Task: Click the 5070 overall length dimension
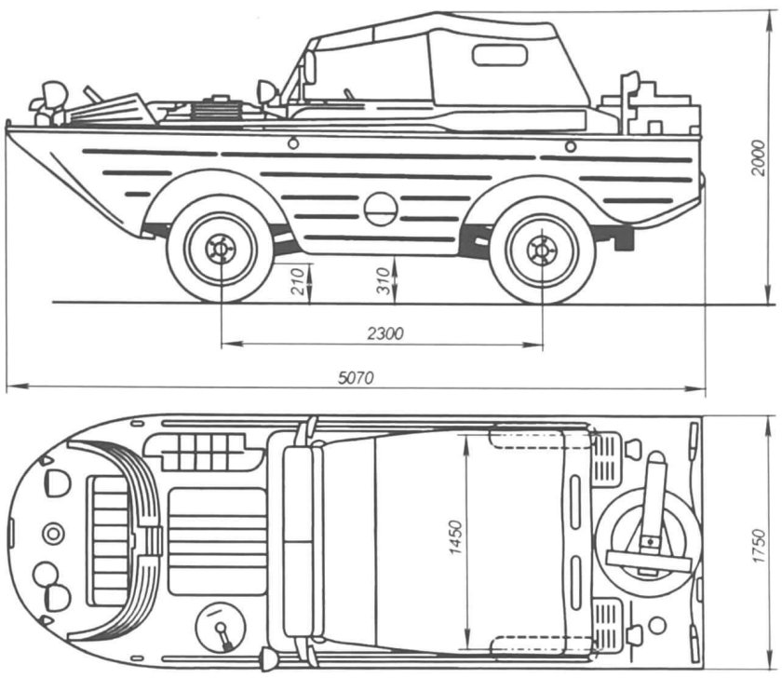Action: pyautogui.click(x=356, y=378)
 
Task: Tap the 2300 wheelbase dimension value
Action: pyautogui.click(x=385, y=333)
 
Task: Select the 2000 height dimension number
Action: pyautogui.click(x=758, y=157)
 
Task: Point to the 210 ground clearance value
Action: pyautogui.click(x=297, y=282)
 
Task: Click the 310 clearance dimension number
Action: pyautogui.click(x=383, y=281)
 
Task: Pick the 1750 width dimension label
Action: pyautogui.click(x=758, y=546)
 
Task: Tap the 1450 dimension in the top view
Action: pyautogui.click(x=456, y=537)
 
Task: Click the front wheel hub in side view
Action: pyautogui.click(x=220, y=248)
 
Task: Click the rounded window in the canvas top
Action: pyautogui.click(x=500, y=55)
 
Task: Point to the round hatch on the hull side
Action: pyautogui.click(x=381, y=209)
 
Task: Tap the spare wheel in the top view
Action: pyautogui.click(x=648, y=536)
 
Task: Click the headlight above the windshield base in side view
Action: pyautogui.click(x=268, y=92)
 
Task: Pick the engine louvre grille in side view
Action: pyautogui.click(x=214, y=111)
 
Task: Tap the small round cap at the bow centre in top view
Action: pyautogui.click(x=53, y=534)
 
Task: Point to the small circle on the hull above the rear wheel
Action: pyautogui.click(x=571, y=146)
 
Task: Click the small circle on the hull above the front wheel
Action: pyautogui.click(x=293, y=143)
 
